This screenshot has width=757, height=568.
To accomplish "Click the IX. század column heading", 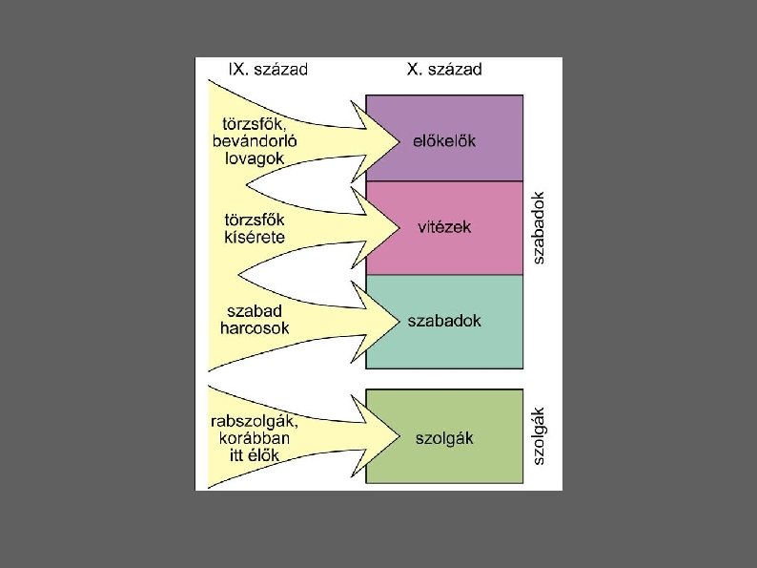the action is coord(267,69).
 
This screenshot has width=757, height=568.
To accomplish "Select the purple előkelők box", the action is coord(444,138).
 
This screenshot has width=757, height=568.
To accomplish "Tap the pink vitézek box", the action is coord(444,227).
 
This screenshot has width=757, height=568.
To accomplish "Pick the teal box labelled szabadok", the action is coord(444,321).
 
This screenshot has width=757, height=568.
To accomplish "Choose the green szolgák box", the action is coord(444,438).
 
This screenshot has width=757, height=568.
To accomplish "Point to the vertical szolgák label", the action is coord(539,436).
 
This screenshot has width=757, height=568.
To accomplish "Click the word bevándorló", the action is coord(256,141).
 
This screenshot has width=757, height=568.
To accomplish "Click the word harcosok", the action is coord(255,328).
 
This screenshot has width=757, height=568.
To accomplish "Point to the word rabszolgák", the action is coord(255,420).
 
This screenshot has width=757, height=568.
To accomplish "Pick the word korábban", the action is coord(255,437).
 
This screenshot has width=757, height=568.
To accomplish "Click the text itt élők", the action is coord(255,454).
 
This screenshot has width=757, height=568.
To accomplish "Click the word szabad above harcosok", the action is coord(255,311).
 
